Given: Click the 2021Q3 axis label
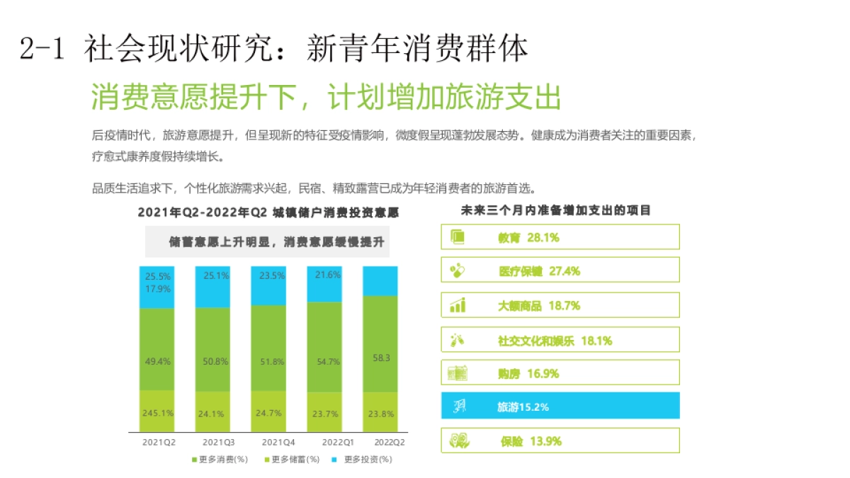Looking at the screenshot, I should tap(212, 442).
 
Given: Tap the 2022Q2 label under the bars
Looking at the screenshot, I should tap(390, 442).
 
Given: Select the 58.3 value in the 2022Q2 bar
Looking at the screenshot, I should tap(381, 358).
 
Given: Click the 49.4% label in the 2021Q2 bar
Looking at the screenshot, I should tap(157, 361).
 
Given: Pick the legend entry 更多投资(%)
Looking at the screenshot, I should tap(363, 459).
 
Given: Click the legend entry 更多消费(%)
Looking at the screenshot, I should tap(220, 459).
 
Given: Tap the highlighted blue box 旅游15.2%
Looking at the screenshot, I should tap(560, 406).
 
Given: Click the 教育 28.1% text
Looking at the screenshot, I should tap(528, 238).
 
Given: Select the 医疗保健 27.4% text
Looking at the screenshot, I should tap(539, 271).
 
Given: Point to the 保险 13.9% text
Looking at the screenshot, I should tap(531, 441).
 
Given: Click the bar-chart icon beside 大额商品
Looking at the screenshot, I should tap(458, 305).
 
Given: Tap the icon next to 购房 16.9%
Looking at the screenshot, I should tap(458, 372).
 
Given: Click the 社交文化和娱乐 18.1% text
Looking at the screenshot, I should tap(555, 341).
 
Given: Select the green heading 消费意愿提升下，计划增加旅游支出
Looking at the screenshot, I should tap(326, 98).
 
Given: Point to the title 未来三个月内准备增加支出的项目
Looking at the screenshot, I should tap(555, 210).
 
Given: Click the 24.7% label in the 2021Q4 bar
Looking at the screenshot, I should tap(269, 412).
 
